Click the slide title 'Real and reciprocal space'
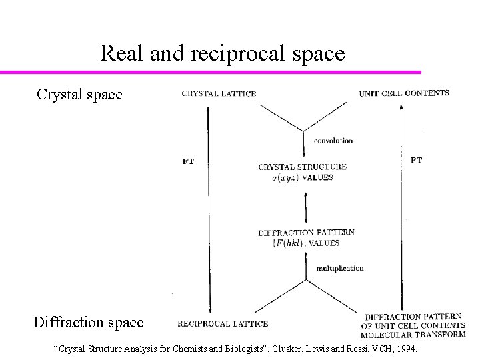(x=223, y=53)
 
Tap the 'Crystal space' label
(x=79, y=95)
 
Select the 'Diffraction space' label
(x=89, y=323)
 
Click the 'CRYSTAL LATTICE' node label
(x=219, y=93)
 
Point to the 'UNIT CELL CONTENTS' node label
(x=404, y=93)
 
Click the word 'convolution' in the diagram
(x=333, y=141)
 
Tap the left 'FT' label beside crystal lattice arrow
(x=188, y=161)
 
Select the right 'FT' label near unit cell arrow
(x=415, y=160)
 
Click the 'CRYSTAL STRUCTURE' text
(x=303, y=167)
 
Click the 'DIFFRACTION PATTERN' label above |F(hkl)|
(x=306, y=233)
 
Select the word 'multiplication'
(x=340, y=268)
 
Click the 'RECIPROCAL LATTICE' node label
(x=223, y=324)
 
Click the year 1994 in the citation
(x=405, y=348)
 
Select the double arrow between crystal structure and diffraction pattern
(x=305, y=207)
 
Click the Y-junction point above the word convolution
(x=305, y=130)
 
